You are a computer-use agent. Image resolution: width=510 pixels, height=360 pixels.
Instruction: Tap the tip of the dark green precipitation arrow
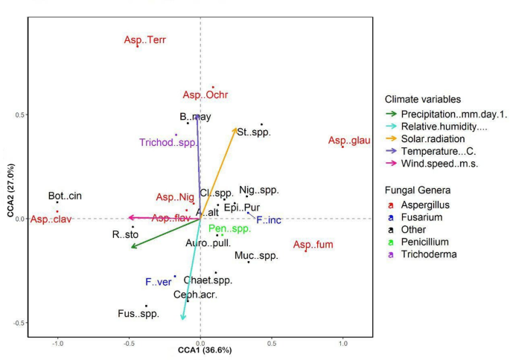pos(130,248)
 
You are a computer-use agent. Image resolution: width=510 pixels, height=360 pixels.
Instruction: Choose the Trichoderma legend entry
pos(427,254)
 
